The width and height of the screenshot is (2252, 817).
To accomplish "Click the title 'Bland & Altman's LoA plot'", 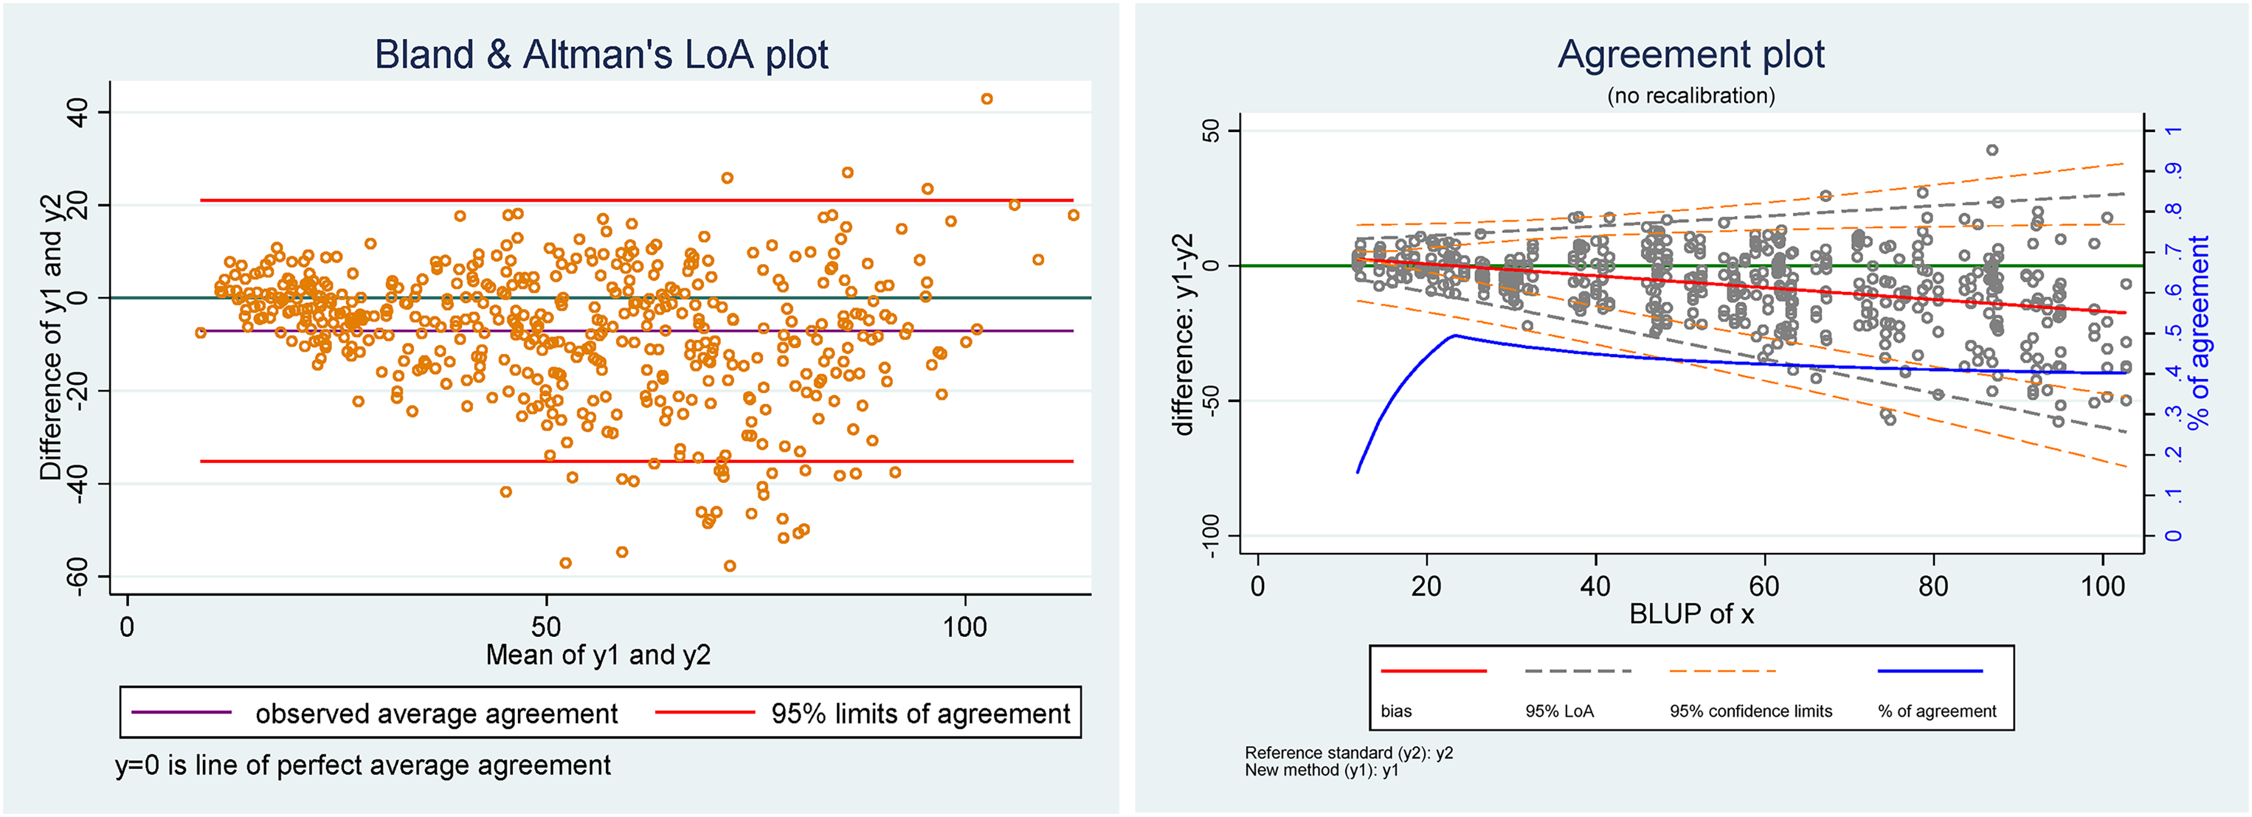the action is coord(601,54).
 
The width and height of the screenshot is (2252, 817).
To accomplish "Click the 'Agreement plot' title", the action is coord(1691,54).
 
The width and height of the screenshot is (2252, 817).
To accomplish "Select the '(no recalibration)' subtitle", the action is coord(1691,96).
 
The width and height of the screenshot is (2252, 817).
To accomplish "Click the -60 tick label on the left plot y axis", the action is coord(77,576).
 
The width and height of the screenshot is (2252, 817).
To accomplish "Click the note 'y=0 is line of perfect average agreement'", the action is coord(363,765).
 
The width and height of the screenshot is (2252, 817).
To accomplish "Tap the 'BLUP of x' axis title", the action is coord(1691,614).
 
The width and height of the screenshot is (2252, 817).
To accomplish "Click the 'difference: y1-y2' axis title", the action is coord(1183,335).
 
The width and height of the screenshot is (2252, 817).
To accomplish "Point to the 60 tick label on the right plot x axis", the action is coord(1764,586).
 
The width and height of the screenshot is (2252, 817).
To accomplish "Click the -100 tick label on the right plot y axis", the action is coord(1211,535).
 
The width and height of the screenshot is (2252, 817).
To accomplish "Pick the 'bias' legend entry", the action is coord(1396,711).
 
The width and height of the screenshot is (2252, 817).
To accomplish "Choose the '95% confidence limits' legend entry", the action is coord(1750,711).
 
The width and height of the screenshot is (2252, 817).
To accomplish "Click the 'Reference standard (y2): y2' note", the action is coord(1348,753).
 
